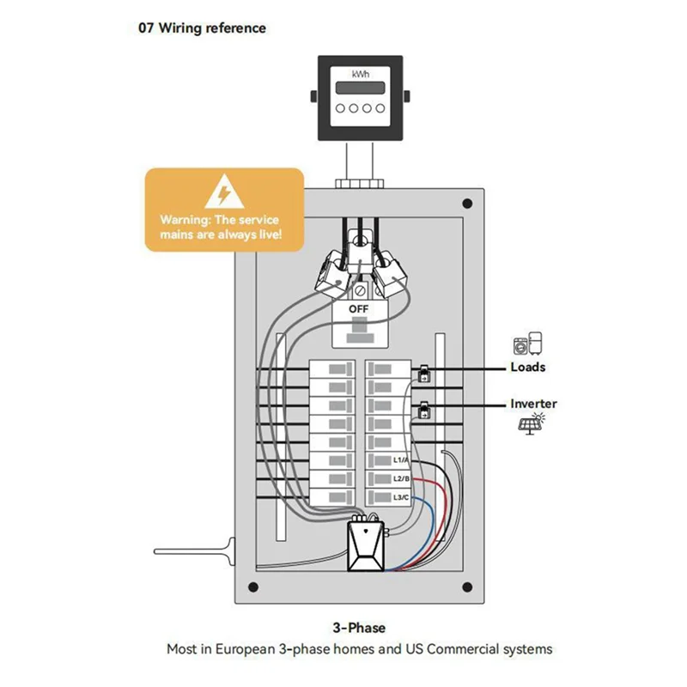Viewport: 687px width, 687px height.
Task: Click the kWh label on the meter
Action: point(360,75)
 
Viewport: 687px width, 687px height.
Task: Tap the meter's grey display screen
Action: point(360,88)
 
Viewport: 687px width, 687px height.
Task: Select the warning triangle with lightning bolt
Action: point(224,192)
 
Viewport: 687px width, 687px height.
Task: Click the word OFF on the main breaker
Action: point(358,309)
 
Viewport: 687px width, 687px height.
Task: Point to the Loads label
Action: point(528,368)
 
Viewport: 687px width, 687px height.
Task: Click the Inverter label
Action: point(533,404)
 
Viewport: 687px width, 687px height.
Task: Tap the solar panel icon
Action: point(532,423)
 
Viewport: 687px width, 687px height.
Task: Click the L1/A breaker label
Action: point(401,460)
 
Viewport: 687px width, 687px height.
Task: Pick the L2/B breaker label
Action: point(401,478)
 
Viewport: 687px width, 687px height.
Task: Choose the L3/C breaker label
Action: point(401,497)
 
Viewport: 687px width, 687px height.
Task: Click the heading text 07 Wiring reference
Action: point(202,28)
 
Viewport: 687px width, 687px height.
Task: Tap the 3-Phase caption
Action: point(359,628)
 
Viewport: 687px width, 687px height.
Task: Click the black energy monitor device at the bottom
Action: point(366,546)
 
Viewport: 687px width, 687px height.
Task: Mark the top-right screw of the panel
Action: point(467,204)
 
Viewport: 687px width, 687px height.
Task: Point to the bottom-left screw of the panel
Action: point(252,587)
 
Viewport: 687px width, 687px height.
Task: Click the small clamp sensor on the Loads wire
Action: point(423,374)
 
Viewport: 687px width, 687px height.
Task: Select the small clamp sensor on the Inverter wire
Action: point(424,410)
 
